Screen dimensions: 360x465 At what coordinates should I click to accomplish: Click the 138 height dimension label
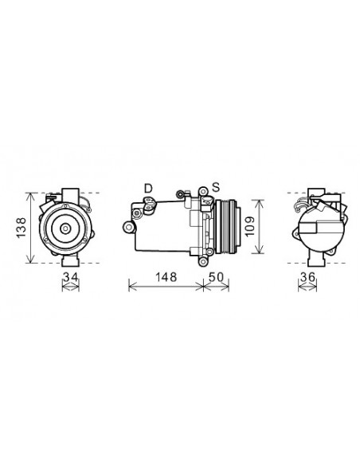22,228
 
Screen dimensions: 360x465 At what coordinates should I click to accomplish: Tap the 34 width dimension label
71,277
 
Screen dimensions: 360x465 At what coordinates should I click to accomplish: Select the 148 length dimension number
166,277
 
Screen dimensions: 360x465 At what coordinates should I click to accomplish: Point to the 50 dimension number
216,277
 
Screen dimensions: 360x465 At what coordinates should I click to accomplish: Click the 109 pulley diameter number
250,226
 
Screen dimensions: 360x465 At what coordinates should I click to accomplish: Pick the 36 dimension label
307,277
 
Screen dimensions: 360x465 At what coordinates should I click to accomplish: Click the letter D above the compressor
148,189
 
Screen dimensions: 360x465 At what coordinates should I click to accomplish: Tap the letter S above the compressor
216,187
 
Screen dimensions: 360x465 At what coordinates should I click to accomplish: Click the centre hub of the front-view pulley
65,229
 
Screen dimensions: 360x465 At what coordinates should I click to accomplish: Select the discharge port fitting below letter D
149,205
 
